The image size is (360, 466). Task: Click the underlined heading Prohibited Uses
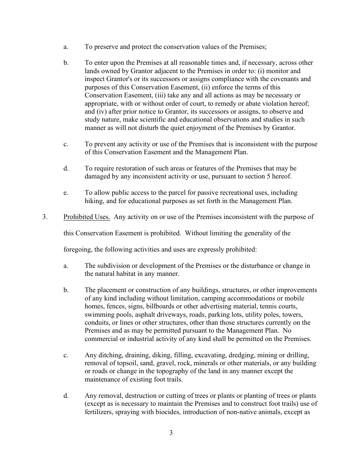(87, 217)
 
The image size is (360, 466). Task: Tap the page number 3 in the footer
(171, 433)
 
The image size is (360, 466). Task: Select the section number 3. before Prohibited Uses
(45, 217)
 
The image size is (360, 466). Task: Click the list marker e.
(66, 193)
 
